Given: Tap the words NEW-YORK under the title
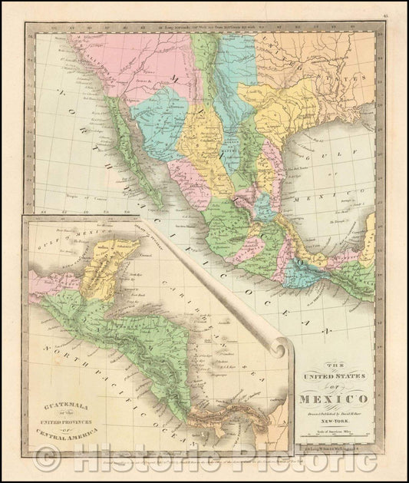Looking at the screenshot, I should point(335,422).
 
